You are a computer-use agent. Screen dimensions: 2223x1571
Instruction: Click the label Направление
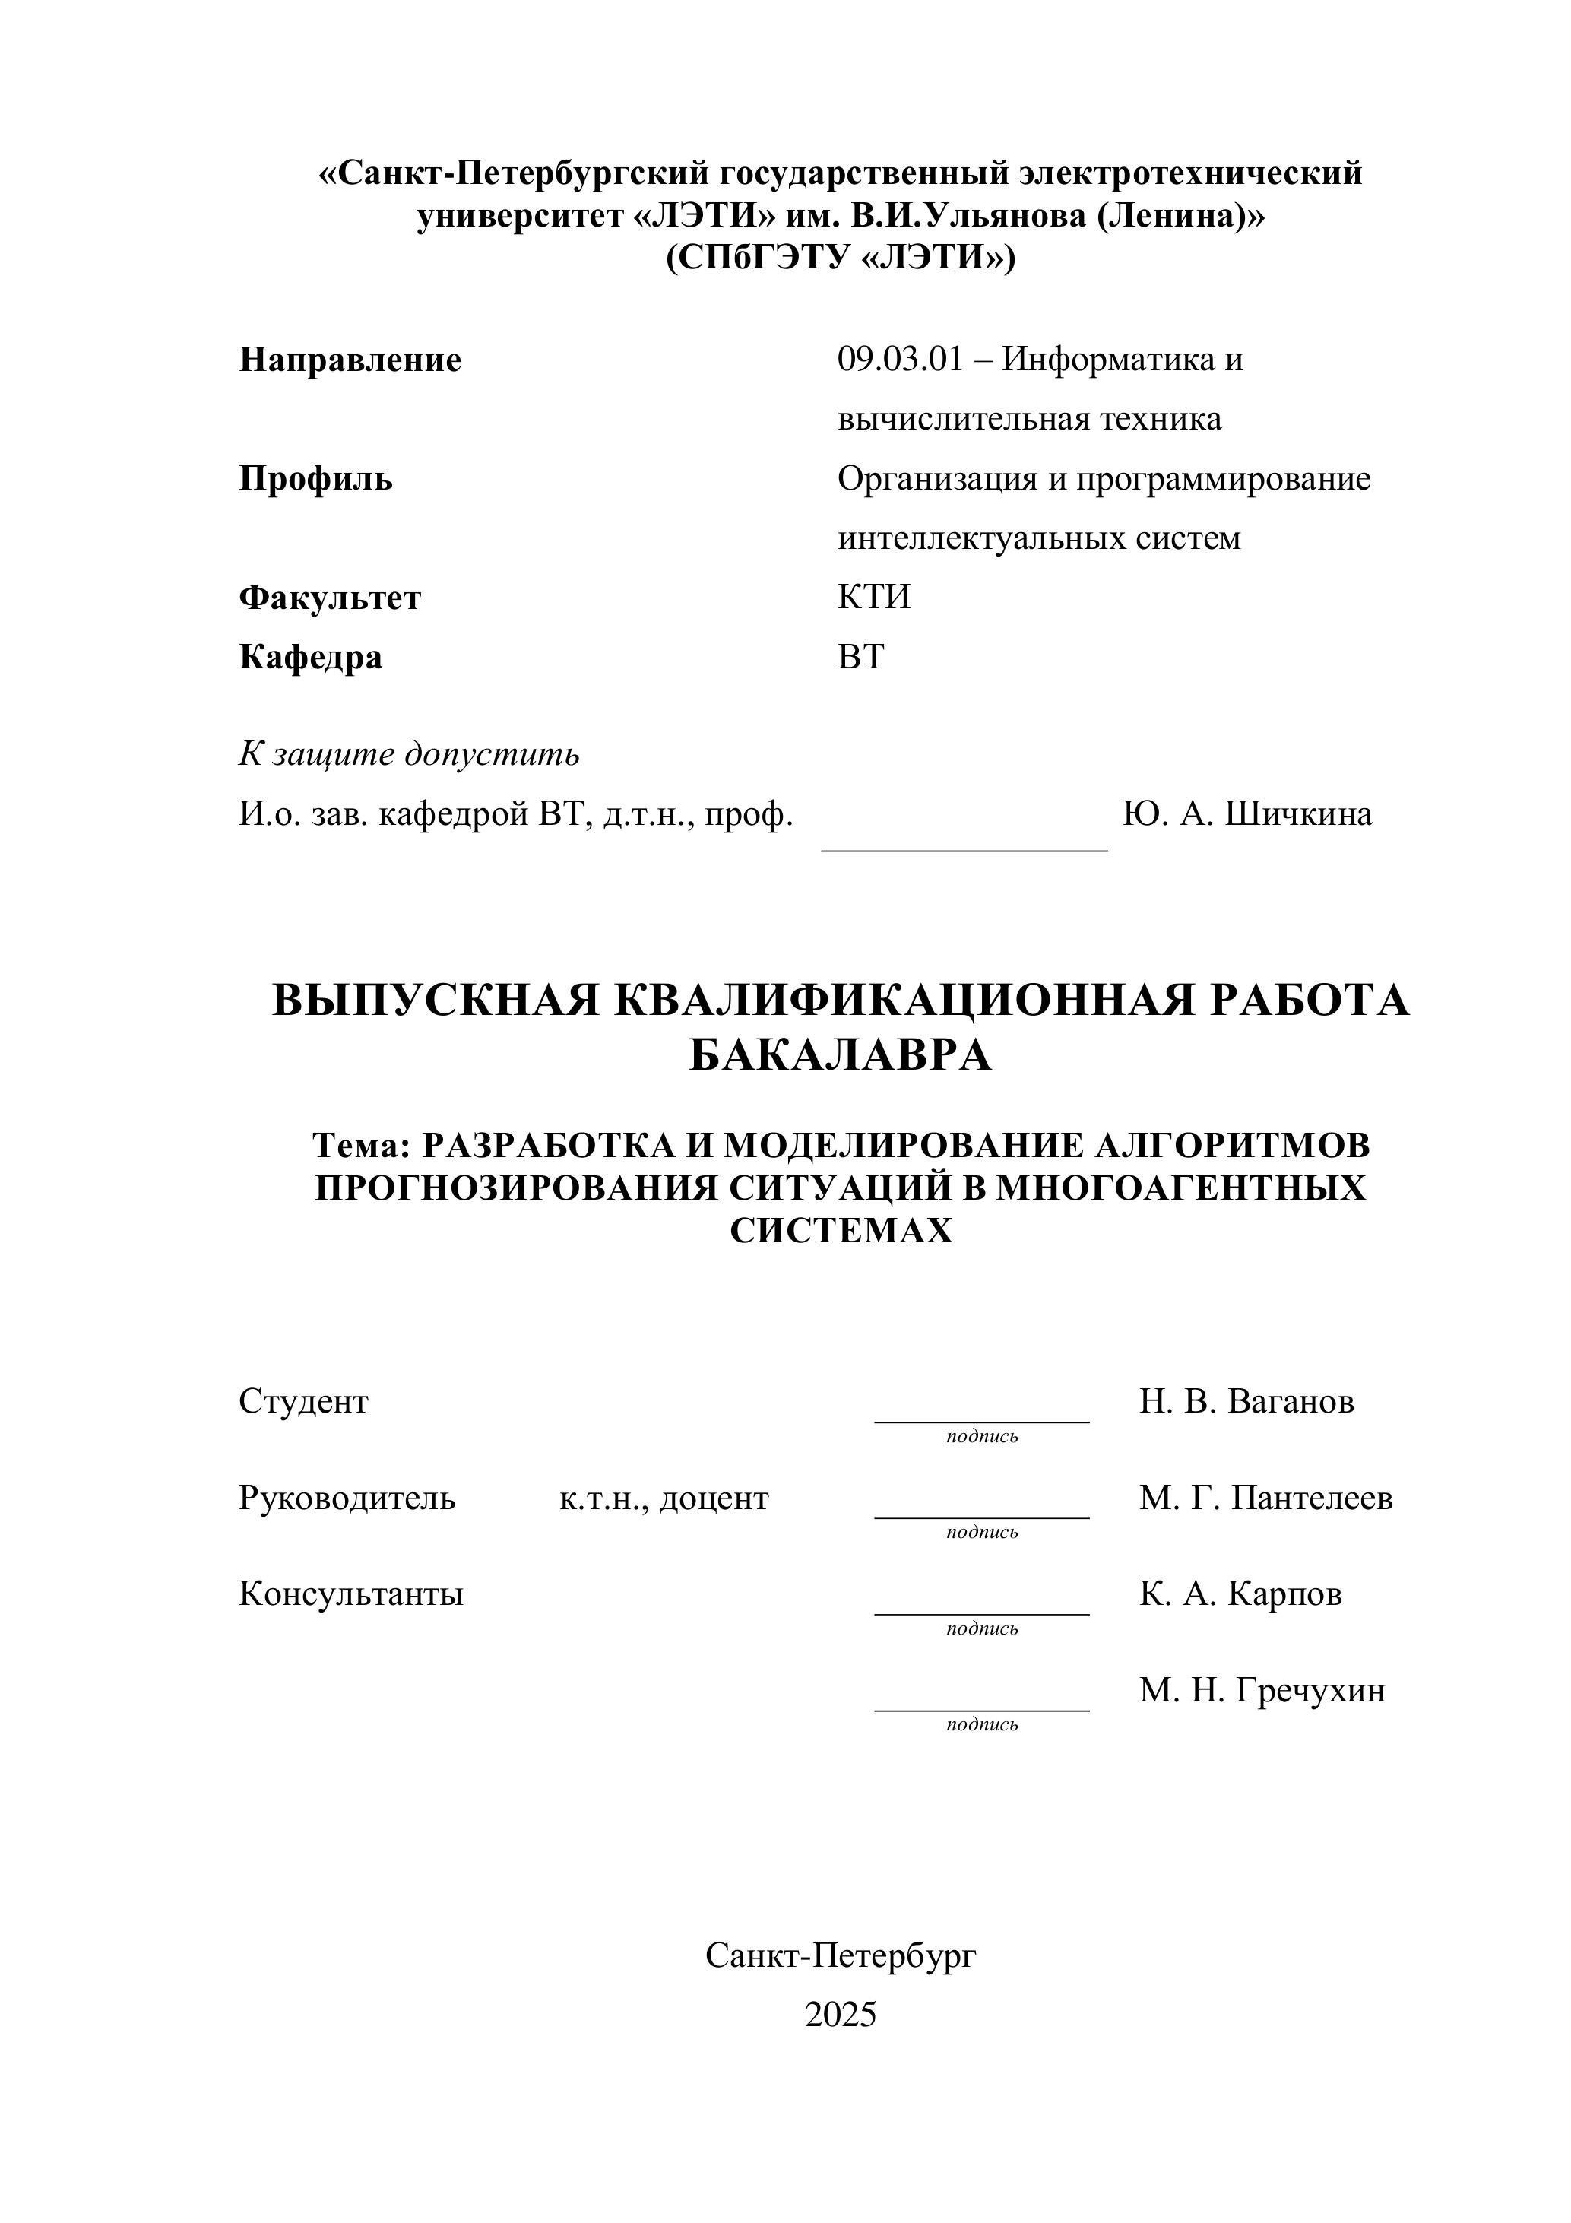pyautogui.click(x=350, y=360)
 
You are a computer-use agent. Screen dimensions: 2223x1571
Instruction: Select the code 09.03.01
pyautogui.click(x=900, y=360)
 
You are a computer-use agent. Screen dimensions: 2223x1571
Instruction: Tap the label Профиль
pyautogui.click(x=315, y=479)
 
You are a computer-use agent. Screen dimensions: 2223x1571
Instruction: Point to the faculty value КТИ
pyautogui.click(x=873, y=598)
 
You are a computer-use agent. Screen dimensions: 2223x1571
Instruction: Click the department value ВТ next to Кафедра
pyautogui.click(x=860, y=658)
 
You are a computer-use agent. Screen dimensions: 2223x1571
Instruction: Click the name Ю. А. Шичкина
pyautogui.click(x=1246, y=814)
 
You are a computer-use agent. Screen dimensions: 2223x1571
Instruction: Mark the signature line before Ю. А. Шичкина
pyautogui.click(x=963, y=848)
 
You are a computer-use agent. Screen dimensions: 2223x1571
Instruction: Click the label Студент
pyautogui.click(x=303, y=1402)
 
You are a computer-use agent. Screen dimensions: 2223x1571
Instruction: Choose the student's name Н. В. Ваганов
pyautogui.click(x=1246, y=1402)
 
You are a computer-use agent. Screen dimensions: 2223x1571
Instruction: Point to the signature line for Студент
pyautogui.click(x=980, y=1422)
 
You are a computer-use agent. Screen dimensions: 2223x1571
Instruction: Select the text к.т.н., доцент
pyautogui.click(x=664, y=1498)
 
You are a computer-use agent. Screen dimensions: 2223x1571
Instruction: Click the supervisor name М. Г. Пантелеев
pyautogui.click(x=1265, y=1498)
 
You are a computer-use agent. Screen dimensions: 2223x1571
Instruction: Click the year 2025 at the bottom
pyautogui.click(x=840, y=2015)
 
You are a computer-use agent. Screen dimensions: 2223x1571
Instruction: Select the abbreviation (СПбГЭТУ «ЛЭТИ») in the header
pyautogui.click(x=840, y=258)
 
